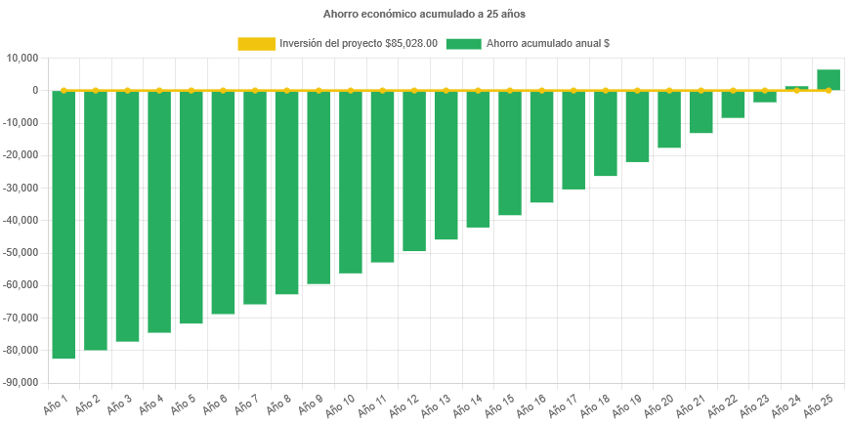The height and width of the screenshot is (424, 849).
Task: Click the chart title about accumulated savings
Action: point(424,14)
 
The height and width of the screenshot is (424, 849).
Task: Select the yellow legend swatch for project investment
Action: point(256,44)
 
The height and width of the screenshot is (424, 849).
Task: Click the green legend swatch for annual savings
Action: point(463,44)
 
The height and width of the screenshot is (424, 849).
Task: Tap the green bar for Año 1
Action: point(64,225)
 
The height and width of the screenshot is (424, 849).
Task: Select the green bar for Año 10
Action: point(351,182)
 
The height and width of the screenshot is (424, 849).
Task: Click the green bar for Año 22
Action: point(733,105)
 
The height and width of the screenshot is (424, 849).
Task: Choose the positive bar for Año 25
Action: point(828,80)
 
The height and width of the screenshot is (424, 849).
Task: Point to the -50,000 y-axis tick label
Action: point(21,252)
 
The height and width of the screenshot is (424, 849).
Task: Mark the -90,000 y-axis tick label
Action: point(21,382)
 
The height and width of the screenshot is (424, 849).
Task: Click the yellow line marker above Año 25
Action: point(828,90)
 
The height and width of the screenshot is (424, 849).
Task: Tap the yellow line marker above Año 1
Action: point(64,90)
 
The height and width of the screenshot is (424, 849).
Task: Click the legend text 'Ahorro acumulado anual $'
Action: point(548,44)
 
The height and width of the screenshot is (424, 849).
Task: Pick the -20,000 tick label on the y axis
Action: point(21,154)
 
